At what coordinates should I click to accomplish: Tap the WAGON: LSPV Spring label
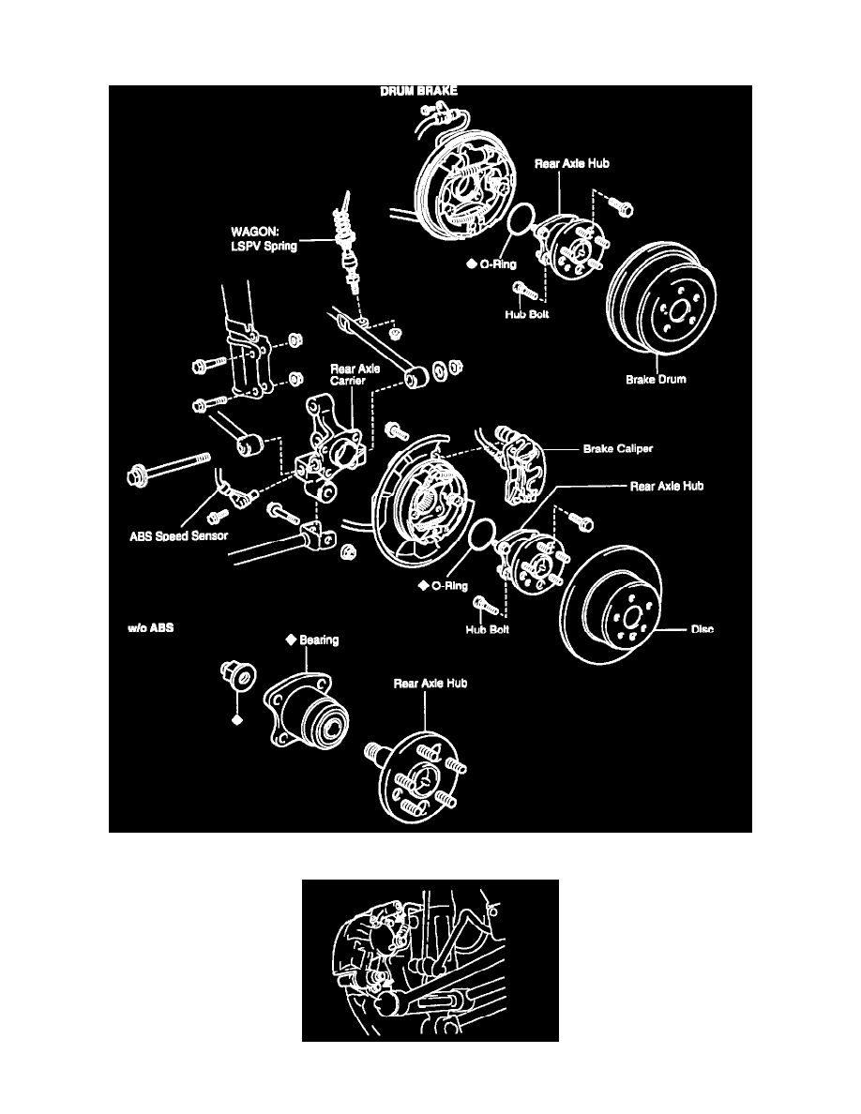click(264, 238)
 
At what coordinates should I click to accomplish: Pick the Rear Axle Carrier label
click(355, 377)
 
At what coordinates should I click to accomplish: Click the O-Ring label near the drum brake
click(491, 264)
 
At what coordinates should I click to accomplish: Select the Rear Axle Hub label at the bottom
click(430, 684)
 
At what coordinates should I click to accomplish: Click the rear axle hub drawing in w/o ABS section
click(415, 773)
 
